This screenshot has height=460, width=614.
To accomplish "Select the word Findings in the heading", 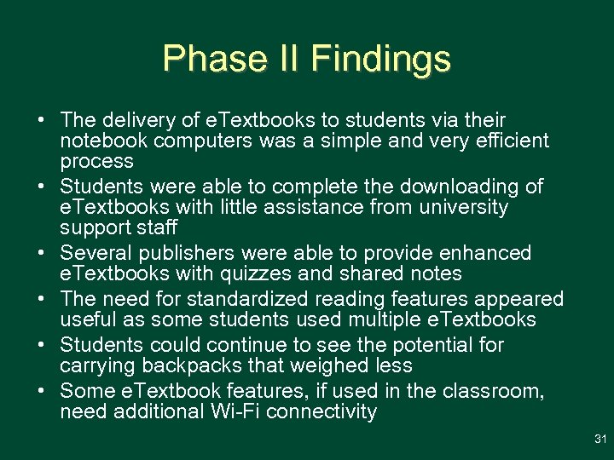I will pos(380,59).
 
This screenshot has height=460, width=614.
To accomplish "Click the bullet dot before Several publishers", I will pos(43,253).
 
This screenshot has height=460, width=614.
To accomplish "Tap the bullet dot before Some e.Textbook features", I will pos(43,391).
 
